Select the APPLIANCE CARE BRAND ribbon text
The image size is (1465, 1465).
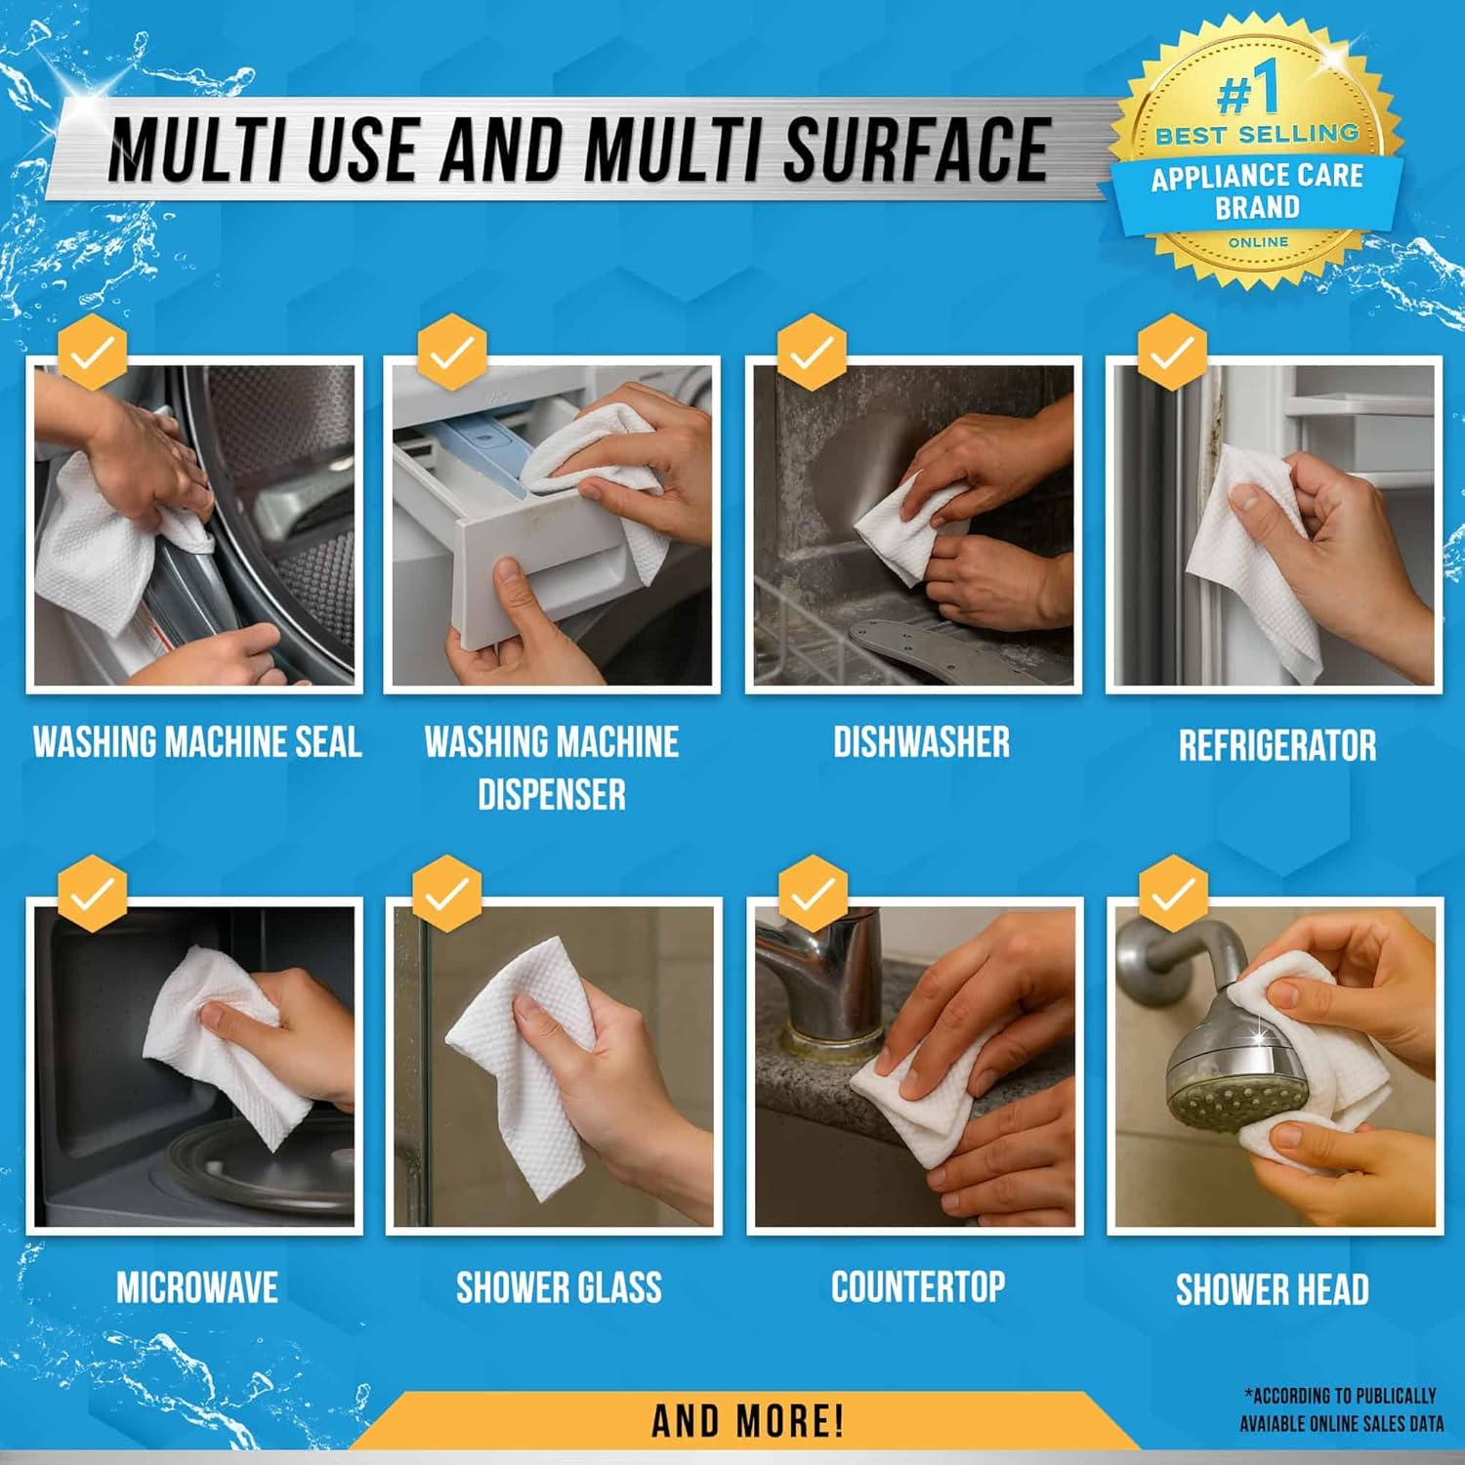tap(1257, 191)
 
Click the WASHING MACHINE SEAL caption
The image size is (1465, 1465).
tap(197, 742)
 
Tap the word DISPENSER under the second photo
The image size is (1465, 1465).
tap(551, 795)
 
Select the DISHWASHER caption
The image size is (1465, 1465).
tap(921, 742)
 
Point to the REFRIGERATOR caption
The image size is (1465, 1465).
tap(1277, 746)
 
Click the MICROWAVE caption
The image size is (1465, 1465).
tap(197, 1287)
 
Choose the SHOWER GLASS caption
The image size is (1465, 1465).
tap(559, 1287)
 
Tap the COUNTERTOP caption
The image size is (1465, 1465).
tap(918, 1286)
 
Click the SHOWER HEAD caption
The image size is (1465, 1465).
tap(1272, 1289)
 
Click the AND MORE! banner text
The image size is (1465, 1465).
tap(747, 1421)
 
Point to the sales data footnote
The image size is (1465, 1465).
tap(1341, 1409)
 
